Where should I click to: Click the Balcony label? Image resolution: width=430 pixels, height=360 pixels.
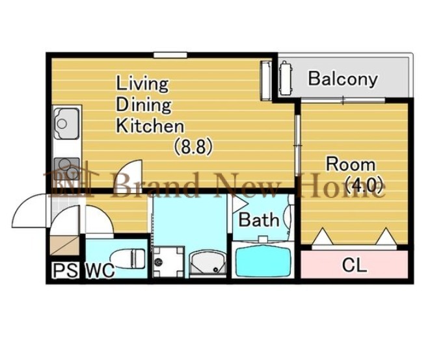[343, 79]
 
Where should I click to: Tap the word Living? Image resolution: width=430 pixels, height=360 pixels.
[142, 84]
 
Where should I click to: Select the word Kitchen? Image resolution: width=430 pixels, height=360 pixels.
[150, 126]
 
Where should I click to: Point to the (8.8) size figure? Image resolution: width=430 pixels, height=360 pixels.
[193, 146]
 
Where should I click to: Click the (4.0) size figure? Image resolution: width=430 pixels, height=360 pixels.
[364, 185]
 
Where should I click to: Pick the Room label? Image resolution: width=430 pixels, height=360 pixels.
[351, 164]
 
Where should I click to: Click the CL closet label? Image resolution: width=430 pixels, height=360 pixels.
[355, 265]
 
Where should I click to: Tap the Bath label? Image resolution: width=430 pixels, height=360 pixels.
[259, 220]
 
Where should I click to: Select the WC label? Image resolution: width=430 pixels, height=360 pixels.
[100, 270]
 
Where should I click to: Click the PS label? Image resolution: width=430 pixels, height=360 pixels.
[65, 270]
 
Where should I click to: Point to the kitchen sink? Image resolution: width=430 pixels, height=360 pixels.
[66, 123]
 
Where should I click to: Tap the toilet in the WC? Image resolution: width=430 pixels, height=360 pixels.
[128, 258]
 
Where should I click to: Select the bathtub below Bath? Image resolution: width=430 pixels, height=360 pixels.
[263, 261]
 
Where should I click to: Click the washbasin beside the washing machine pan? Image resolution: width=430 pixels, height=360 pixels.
[208, 263]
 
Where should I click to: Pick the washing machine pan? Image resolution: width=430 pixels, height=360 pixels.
[168, 262]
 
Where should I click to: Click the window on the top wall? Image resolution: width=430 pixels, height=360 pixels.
[170, 55]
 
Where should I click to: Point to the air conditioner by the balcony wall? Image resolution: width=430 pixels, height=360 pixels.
[265, 81]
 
